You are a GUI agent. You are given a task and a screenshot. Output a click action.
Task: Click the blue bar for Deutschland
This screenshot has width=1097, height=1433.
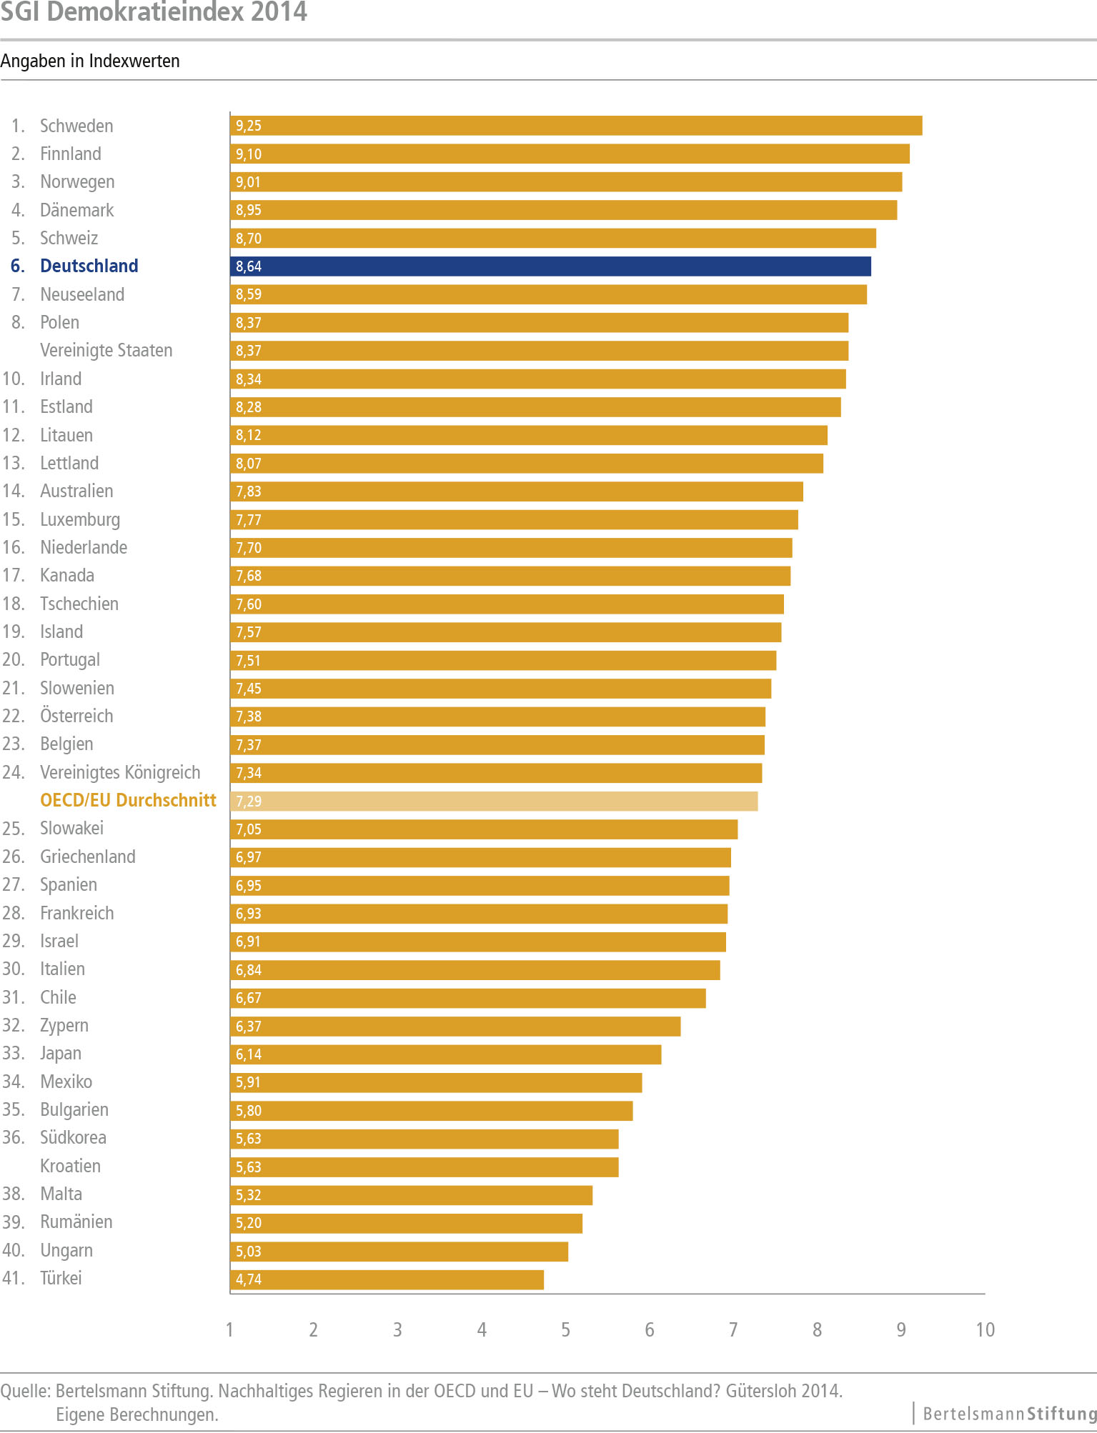(x=550, y=266)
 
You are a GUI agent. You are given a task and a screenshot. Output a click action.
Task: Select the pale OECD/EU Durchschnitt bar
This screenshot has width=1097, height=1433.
(x=494, y=802)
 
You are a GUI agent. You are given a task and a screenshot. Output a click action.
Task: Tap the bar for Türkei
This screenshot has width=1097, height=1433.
(x=387, y=1279)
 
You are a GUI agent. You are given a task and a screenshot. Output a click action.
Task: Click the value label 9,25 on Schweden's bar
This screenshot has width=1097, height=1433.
(x=249, y=126)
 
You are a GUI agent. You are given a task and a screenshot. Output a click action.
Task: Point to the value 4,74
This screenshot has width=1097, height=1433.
(x=249, y=1279)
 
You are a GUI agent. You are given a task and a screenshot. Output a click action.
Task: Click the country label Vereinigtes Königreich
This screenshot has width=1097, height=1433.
(x=120, y=772)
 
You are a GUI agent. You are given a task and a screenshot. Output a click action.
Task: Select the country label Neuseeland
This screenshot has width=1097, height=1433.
(x=82, y=294)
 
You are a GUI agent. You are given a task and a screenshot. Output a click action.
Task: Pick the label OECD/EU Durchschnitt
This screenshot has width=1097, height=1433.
(x=128, y=800)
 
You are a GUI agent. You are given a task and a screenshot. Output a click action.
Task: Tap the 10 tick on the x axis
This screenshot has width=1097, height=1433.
(x=985, y=1329)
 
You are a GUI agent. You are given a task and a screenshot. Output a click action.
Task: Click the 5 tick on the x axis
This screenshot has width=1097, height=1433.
(x=565, y=1329)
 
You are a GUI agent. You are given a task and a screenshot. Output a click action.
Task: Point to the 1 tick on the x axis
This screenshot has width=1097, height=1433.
(x=229, y=1329)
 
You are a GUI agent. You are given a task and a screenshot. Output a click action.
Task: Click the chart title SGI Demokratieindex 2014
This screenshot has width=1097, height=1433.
(x=154, y=12)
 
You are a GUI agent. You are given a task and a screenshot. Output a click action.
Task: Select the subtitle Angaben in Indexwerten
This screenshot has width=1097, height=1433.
(x=90, y=61)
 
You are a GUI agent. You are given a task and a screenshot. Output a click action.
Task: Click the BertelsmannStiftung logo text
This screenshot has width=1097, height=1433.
(x=1009, y=1413)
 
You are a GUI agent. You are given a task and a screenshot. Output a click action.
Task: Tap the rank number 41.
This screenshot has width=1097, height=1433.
(x=13, y=1278)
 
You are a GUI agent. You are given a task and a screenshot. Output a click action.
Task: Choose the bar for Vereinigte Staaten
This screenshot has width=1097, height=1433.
(x=539, y=351)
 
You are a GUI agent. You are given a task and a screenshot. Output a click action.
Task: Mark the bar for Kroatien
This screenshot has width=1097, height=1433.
(x=424, y=1167)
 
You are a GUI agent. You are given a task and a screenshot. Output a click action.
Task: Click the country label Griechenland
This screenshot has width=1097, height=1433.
(x=88, y=857)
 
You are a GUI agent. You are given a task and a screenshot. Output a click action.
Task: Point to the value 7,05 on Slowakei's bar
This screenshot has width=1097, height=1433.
(x=249, y=829)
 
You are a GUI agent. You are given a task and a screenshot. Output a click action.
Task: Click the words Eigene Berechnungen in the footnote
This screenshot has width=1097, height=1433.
(x=137, y=1414)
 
